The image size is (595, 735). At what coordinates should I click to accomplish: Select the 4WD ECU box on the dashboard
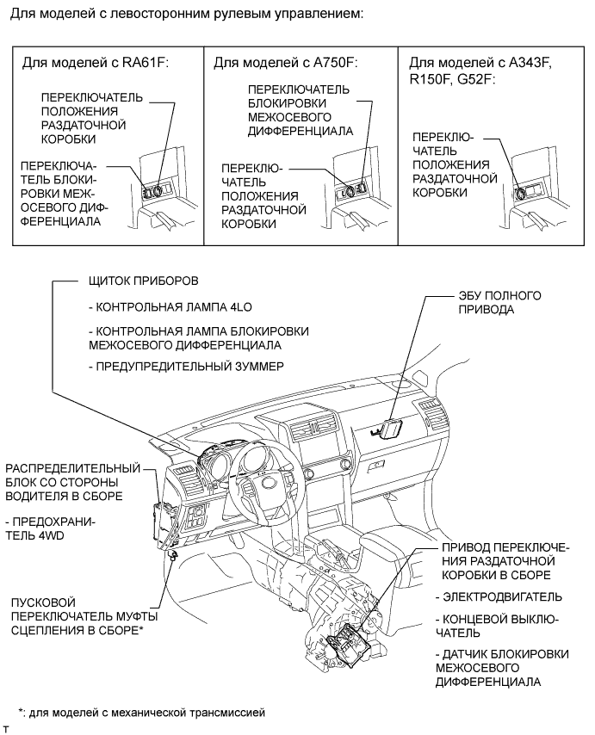tap(391, 428)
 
